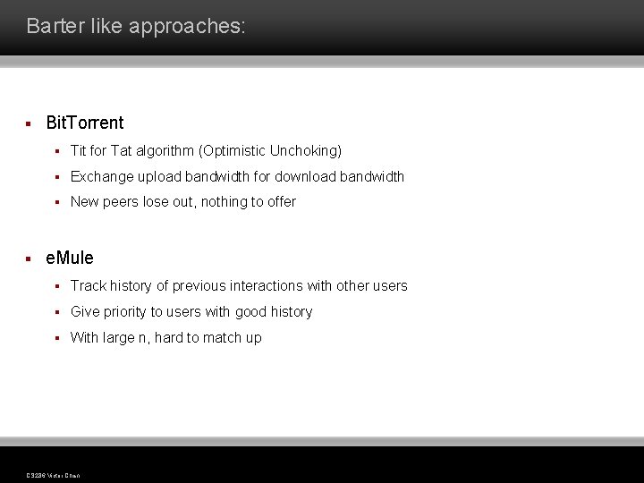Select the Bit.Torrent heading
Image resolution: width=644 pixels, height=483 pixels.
(85, 123)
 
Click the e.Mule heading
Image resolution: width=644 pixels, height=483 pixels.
(70, 258)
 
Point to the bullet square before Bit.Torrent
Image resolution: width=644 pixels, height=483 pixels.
(29, 123)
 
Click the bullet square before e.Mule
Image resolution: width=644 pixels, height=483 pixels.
(29, 258)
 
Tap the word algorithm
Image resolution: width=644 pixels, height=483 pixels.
(165, 151)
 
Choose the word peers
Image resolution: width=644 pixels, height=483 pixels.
(121, 202)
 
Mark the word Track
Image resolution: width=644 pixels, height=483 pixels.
(88, 286)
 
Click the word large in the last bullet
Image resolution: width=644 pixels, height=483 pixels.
(119, 338)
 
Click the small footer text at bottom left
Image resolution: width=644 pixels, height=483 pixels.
(54, 475)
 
